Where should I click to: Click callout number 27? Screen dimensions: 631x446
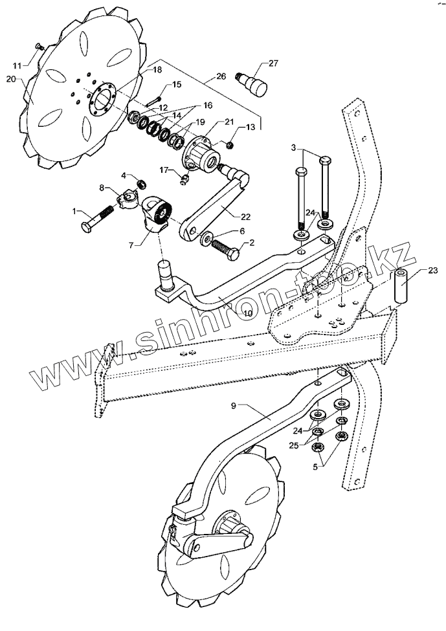273,63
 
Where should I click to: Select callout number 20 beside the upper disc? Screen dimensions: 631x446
10,79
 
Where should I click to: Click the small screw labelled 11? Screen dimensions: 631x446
38,46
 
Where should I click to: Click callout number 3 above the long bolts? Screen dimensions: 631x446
294,149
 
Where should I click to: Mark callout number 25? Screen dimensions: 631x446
294,445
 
